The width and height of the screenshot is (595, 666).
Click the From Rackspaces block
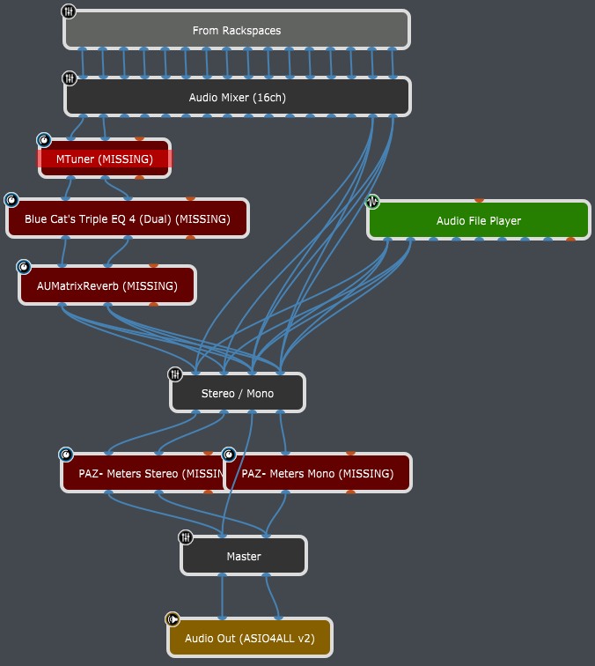pos(237,31)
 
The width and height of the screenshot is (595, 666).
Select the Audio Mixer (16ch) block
pos(237,98)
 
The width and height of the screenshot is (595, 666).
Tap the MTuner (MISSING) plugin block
pos(105,159)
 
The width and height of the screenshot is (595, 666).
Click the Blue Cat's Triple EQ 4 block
pos(127,218)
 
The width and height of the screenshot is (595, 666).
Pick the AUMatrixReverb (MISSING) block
pos(107,285)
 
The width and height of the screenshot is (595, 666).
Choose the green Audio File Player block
pos(478,221)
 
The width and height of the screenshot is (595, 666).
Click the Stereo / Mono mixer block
pos(237,393)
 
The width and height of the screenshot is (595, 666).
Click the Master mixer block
pos(244,556)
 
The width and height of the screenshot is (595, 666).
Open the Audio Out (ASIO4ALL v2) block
pos(249,638)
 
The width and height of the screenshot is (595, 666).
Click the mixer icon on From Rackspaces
pos(70,11)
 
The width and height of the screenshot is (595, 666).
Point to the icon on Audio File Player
pos(373,202)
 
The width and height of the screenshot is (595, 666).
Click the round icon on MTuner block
pos(44,139)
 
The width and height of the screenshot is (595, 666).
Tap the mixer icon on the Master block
pos(186,536)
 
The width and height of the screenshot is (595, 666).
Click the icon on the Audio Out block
pos(173,618)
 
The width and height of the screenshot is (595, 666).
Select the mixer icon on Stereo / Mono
pos(175,374)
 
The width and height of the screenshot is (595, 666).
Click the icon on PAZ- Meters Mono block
pos(229,455)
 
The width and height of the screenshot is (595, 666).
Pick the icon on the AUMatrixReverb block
pos(24,266)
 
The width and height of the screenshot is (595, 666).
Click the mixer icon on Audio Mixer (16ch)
pos(70,78)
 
